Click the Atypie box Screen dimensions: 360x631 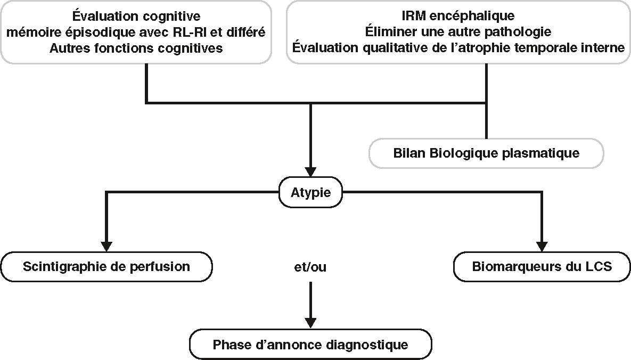[x=311, y=192]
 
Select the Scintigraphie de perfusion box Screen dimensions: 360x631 [x=106, y=266]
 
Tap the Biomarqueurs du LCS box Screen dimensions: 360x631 [x=542, y=266]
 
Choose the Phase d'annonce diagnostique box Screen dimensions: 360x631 [x=310, y=345]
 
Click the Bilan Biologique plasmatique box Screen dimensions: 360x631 [x=486, y=153]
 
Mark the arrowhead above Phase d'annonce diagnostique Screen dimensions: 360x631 [x=310, y=322]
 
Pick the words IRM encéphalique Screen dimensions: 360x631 [x=458, y=17]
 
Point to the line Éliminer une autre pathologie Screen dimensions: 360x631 [x=458, y=32]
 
